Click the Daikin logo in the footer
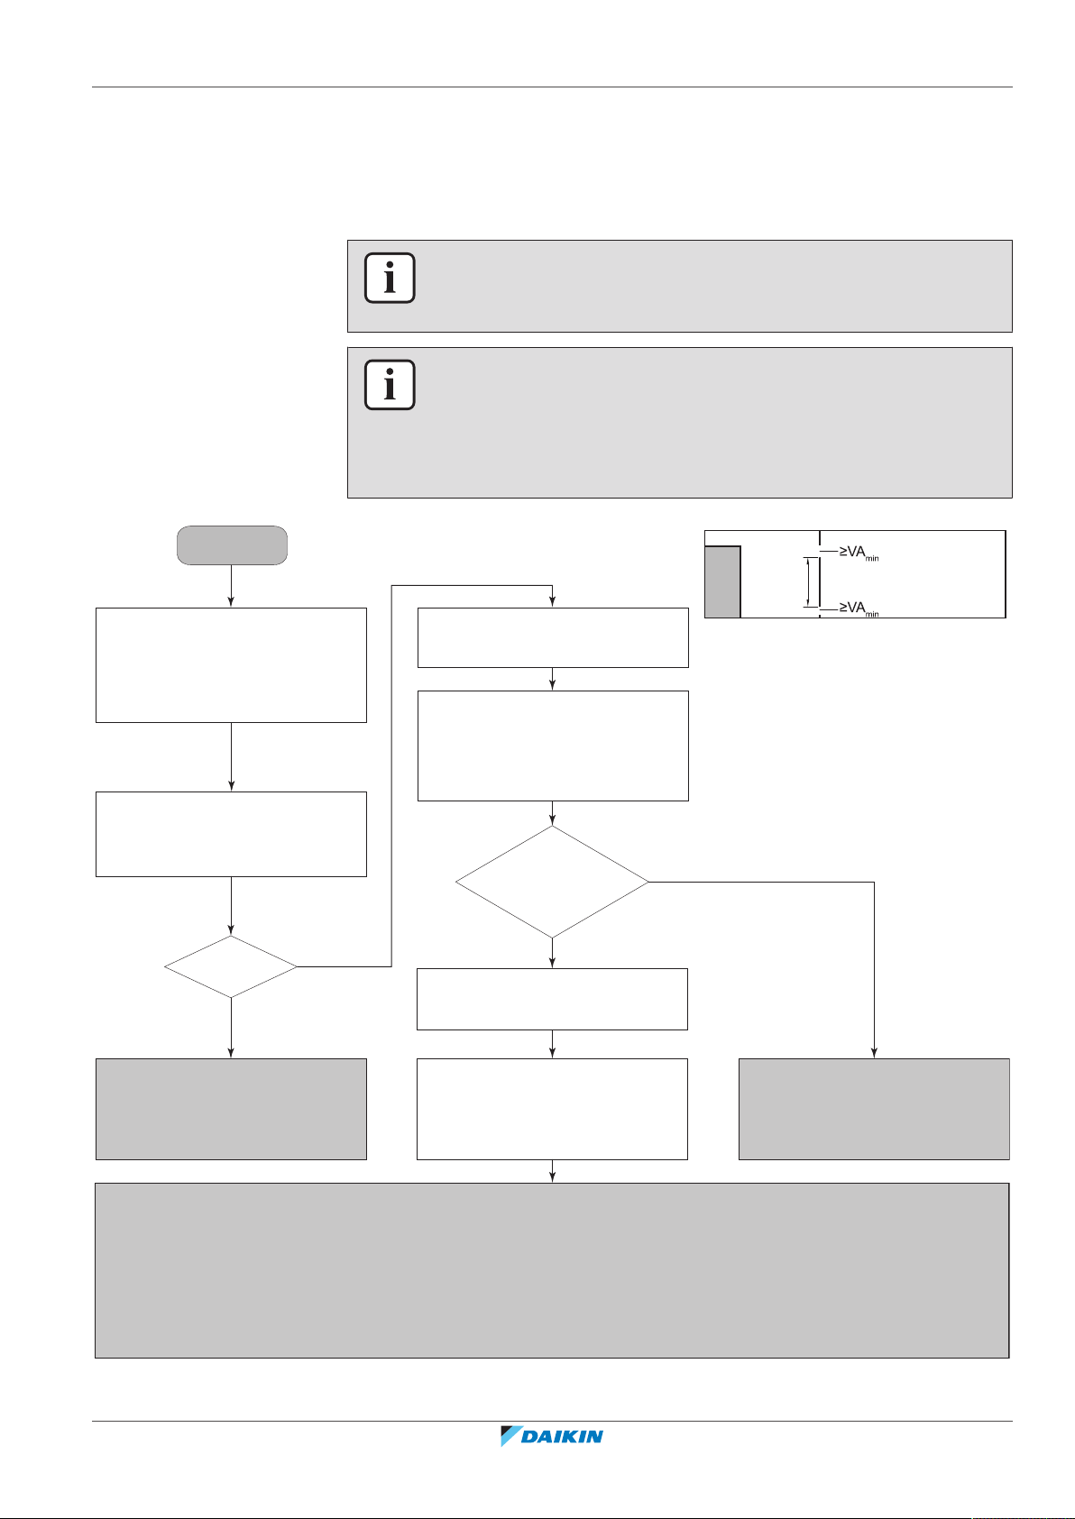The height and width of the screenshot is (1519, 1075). click(552, 1436)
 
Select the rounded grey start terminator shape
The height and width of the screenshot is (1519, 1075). click(232, 545)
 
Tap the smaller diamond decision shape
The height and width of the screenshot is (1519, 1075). click(231, 966)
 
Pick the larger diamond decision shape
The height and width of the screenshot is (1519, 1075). click(552, 882)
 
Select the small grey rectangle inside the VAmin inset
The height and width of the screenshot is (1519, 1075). click(722, 581)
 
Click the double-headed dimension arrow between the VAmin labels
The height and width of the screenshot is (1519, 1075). click(808, 581)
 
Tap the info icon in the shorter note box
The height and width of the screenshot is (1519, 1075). click(390, 278)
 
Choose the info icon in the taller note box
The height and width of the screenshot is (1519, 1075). click(390, 385)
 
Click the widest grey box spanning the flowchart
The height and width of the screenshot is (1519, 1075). click(552, 1270)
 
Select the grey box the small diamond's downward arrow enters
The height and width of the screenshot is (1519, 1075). click(231, 1109)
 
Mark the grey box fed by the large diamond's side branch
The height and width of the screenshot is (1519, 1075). click(874, 1109)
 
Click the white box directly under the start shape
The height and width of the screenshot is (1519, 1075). click(231, 664)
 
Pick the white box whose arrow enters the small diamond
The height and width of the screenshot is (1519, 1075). click(231, 834)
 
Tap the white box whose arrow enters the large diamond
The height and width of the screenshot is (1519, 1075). click(552, 746)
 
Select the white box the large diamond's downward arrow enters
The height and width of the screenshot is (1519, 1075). click(552, 999)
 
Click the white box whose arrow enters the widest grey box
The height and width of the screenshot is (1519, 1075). click(552, 1109)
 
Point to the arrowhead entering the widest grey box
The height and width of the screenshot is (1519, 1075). click(552, 1177)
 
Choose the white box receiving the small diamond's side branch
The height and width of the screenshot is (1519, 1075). click(552, 637)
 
